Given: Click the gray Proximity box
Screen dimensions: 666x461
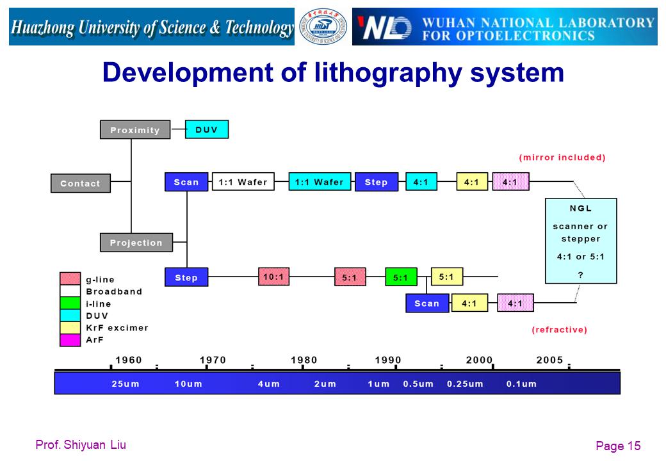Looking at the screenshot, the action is [135, 129].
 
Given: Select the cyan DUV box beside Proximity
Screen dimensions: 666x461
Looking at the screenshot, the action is [207, 129].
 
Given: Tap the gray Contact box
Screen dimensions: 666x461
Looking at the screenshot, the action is [81, 183].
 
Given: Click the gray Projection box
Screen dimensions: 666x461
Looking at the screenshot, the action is [136, 243].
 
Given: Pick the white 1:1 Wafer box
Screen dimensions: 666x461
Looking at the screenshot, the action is [243, 182].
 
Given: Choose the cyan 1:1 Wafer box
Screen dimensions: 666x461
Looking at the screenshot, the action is [320, 182].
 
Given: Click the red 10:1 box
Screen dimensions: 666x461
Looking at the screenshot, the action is [274, 277].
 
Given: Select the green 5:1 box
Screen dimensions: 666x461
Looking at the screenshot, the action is [401, 277].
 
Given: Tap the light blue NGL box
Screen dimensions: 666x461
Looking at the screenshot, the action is [581, 241].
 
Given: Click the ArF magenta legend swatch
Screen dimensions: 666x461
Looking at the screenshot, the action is [70, 340].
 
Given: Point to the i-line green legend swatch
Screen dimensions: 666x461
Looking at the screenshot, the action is [70, 303].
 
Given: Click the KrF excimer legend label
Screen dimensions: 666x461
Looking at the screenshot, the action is [117, 328].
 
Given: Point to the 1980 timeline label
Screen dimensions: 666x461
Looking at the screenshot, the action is [304, 360].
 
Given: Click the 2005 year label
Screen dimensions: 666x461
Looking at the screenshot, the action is [549, 360].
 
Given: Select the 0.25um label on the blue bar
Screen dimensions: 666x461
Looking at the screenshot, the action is [465, 384].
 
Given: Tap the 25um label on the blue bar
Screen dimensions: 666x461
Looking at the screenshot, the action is [126, 384].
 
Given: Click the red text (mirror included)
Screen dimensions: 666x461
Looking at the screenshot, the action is [562, 158].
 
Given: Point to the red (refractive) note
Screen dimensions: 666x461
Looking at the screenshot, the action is [560, 330].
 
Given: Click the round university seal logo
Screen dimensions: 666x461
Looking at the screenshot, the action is [323, 26].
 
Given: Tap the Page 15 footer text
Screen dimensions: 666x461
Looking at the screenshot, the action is [618, 446].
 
